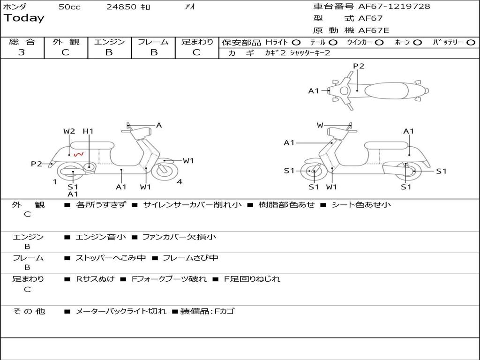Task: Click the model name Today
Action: tap(24, 18)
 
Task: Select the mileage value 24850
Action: tap(121, 7)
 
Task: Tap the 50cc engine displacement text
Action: tap(69, 7)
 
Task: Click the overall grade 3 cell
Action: tap(22, 52)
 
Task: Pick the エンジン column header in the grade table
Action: tap(109, 42)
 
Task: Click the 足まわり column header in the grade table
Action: tap(197, 42)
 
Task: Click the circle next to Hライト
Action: tap(296, 43)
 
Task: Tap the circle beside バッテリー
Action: tap(471, 43)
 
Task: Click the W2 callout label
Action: tap(69, 131)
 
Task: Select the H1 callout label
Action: tap(88, 131)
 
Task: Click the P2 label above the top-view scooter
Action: tap(359, 66)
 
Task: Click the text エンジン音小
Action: tap(101, 237)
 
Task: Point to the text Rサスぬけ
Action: tap(95, 279)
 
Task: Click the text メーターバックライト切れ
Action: tap(120, 311)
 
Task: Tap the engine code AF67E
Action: tap(374, 30)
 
